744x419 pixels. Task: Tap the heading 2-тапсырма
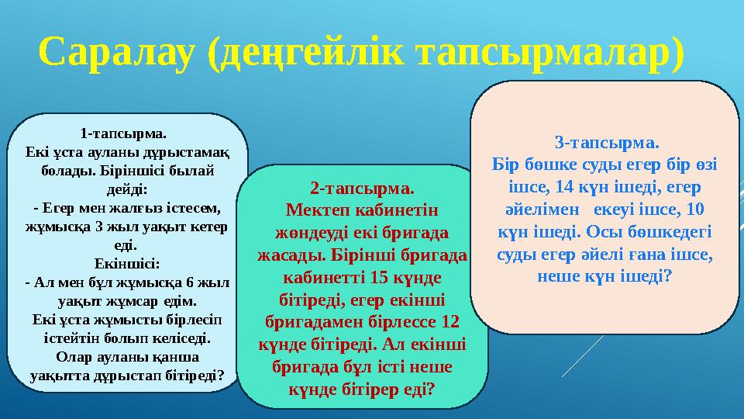click(x=362, y=189)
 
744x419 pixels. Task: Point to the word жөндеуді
click(x=308, y=232)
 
